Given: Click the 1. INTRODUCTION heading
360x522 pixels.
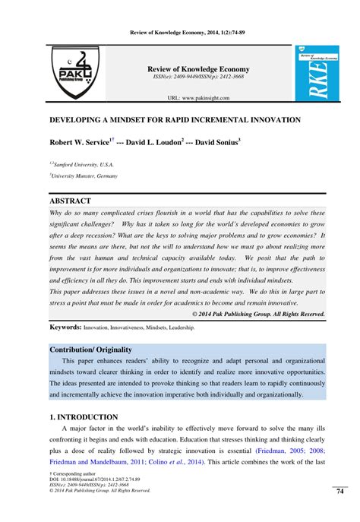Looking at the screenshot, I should coord(84,417).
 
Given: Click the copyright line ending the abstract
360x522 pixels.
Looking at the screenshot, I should coord(258,313).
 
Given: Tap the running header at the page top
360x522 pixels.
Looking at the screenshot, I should coord(179,24).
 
